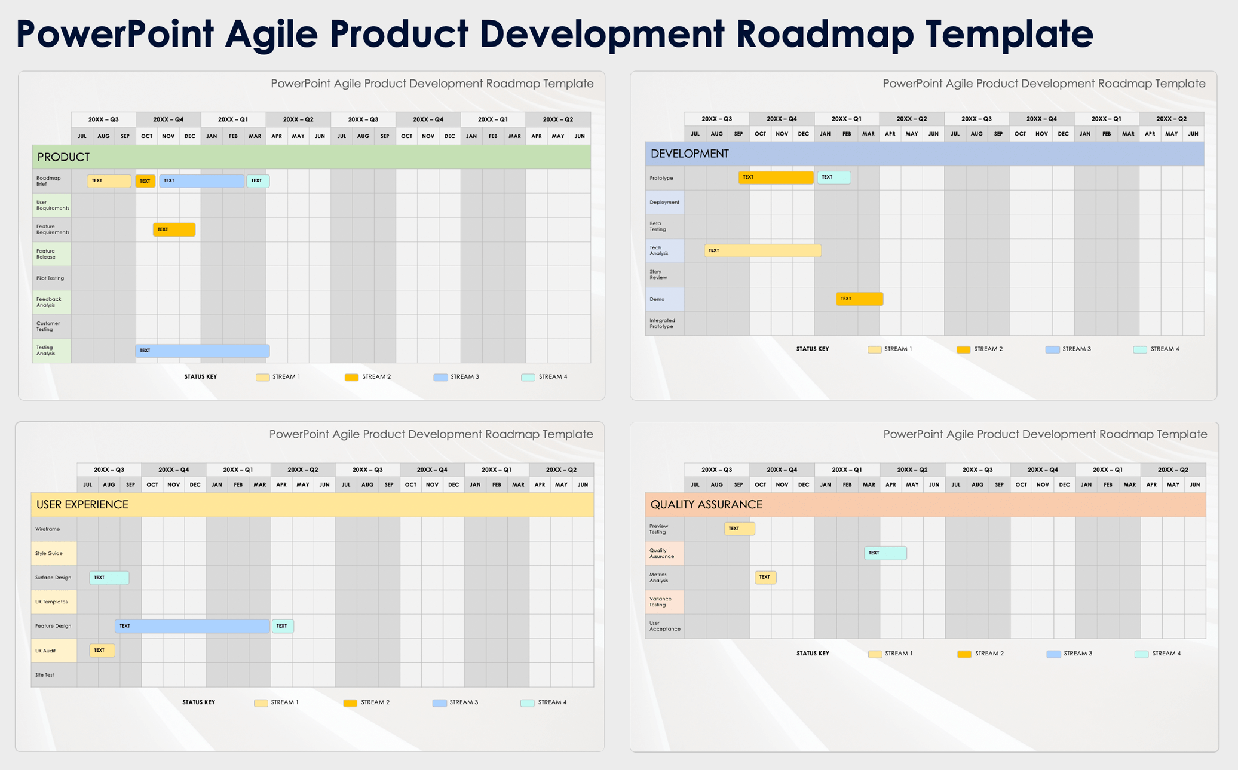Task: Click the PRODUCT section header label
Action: tap(63, 157)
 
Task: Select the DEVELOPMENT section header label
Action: tap(690, 154)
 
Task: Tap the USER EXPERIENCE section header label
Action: tap(82, 505)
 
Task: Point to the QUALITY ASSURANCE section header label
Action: tap(706, 505)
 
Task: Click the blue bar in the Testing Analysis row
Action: tap(202, 351)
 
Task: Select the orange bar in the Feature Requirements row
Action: tap(174, 229)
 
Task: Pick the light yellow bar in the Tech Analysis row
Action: tap(762, 250)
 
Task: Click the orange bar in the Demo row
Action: tap(859, 299)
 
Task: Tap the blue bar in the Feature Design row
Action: tap(192, 626)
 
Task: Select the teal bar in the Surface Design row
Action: tap(109, 578)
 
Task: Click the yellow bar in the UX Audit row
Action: tap(102, 650)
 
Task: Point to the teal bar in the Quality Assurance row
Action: tap(885, 553)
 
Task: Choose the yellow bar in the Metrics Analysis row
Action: tap(765, 577)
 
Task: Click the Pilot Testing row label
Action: tap(50, 278)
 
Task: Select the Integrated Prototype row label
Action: tap(662, 323)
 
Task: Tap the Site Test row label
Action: tap(45, 675)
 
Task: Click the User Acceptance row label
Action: tap(664, 626)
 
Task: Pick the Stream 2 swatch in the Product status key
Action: tap(351, 377)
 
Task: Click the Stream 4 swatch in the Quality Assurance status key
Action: tap(1141, 654)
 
